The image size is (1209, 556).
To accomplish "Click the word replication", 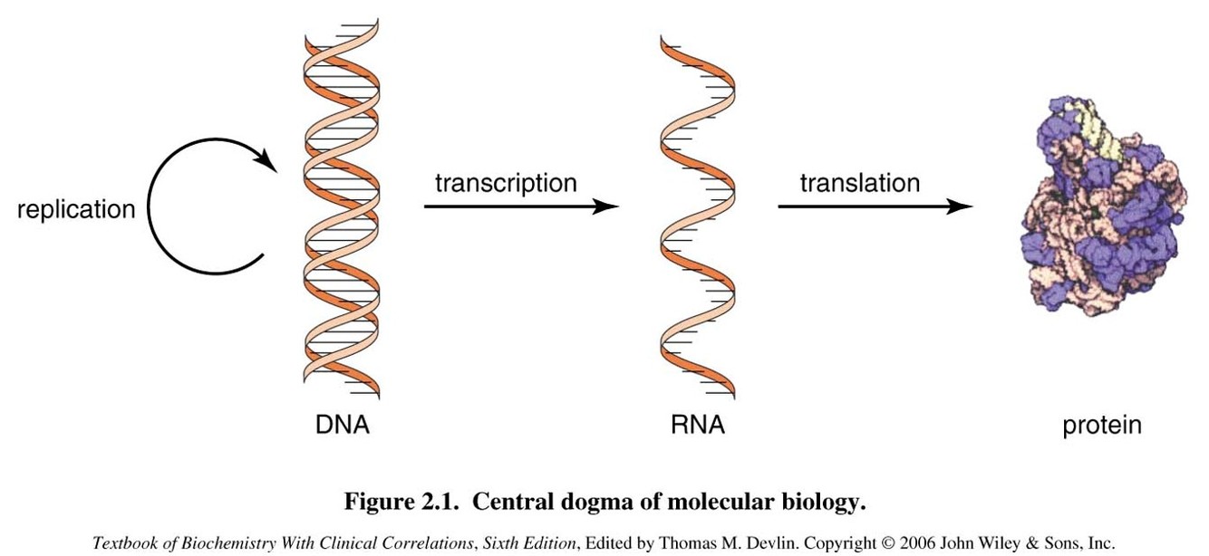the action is point(76,210).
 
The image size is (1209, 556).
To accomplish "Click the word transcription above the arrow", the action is point(506,183).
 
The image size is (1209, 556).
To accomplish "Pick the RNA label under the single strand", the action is point(696,424).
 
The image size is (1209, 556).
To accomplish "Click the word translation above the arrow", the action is point(859,183).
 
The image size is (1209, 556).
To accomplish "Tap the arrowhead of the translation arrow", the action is point(962,206).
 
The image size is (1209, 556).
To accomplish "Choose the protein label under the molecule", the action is point(1102,425).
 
